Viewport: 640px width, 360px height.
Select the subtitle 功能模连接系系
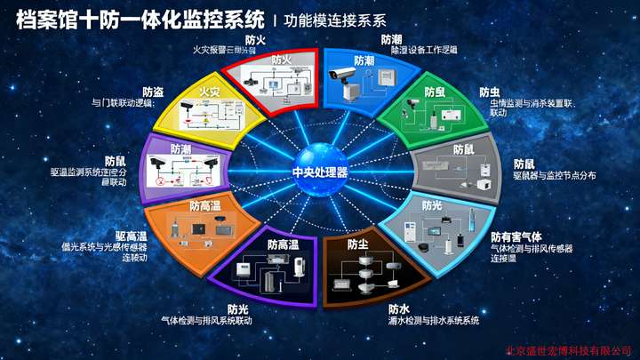tap(335, 20)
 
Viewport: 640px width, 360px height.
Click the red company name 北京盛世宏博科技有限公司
tap(569, 349)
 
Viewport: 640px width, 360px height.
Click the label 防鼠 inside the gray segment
tap(463, 149)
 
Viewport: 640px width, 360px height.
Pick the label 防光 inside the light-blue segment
tap(432, 205)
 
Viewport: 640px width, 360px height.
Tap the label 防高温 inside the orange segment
tap(205, 205)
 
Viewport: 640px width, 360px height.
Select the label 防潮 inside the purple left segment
tap(180, 150)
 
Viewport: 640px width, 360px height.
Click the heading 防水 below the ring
tap(398, 308)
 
